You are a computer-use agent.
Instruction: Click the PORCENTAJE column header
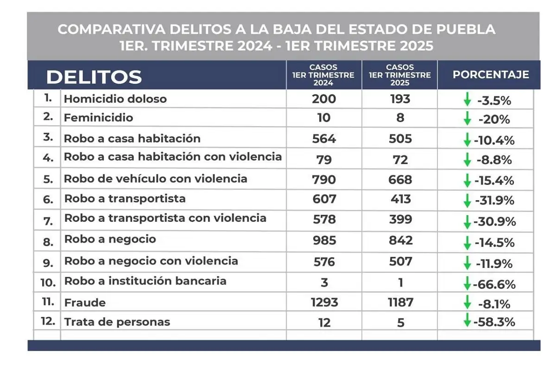click(491, 75)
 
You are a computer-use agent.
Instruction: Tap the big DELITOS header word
click(94, 77)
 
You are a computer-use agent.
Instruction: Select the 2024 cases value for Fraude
click(324, 303)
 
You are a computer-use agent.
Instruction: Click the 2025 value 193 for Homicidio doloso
click(400, 99)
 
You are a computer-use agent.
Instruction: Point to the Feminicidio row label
click(98, 118)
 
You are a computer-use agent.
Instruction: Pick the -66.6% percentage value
click(494, 284)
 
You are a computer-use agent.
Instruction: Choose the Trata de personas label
click(117, 322)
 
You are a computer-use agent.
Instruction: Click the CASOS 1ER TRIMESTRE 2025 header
click(400, 75)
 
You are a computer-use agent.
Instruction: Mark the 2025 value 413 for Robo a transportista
click(400, 199)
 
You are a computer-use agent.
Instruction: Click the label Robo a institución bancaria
click(145, 281)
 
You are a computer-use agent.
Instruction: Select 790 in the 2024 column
click(324, 180)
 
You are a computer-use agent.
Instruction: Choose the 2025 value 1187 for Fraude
click(400, 303)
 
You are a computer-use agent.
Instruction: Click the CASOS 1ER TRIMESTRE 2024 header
click(324, 75)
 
